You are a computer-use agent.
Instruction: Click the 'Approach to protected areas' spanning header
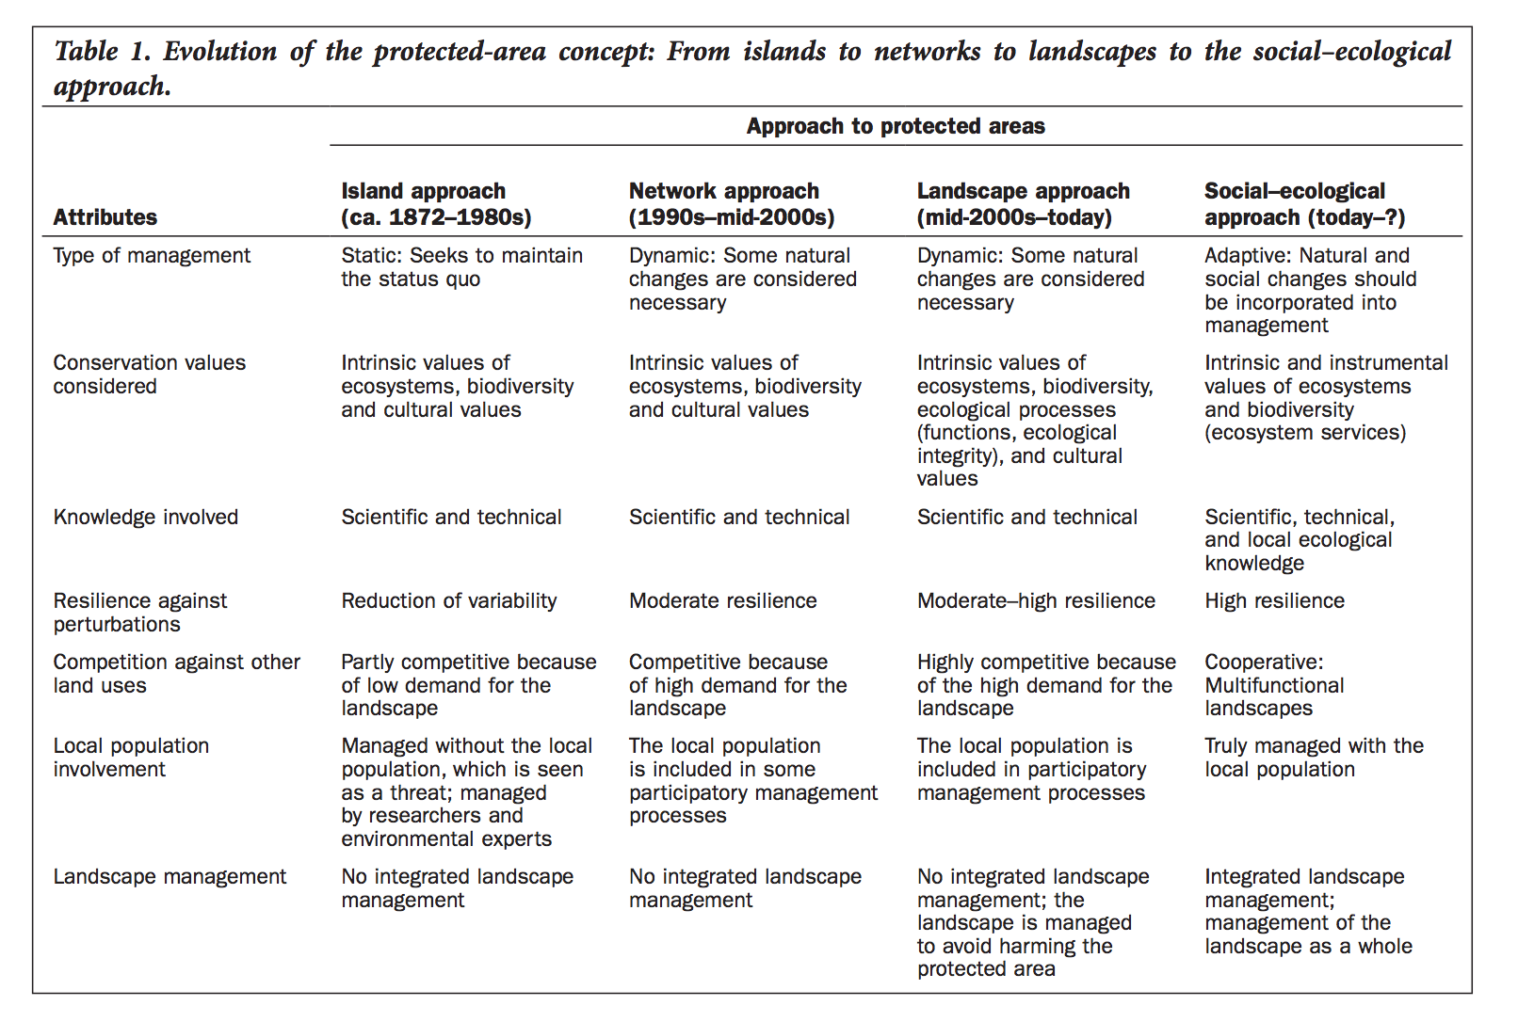click(895, 126)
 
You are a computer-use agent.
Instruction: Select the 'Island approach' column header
click(436, 204)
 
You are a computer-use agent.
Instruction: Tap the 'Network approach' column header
click(732, 204)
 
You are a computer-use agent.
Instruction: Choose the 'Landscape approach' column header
click(1023, 204)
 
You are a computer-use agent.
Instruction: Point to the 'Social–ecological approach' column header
click(1304, 204)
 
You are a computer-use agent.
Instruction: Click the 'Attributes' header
click(105, 217)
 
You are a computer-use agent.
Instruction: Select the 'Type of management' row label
click(152, 256)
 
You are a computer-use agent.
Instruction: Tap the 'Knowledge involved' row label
click(146, 517)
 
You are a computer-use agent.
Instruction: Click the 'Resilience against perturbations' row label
click(140, 613)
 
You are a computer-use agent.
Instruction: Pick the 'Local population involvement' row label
click(131, 758)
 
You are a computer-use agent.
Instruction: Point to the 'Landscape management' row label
click(170, 877)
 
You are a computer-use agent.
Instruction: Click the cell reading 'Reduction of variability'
click(449, 600)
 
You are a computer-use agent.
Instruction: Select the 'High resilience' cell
click(1274, 600)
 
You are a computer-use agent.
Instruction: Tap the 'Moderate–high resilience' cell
click(1036, 600)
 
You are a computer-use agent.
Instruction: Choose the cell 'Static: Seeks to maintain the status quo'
click(461, 267)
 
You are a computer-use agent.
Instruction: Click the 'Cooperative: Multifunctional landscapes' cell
click(1274, 685)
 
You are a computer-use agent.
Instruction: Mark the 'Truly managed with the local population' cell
click(1314, 758)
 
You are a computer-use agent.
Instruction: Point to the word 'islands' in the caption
click(784, 51)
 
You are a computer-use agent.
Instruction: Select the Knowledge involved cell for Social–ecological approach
click(1300, 540)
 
